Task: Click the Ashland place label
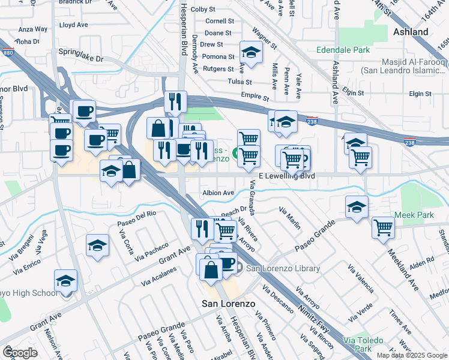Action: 411,32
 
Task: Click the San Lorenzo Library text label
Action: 283,268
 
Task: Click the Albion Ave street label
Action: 218,193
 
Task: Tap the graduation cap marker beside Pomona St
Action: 252,52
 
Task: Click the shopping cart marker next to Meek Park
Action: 383,227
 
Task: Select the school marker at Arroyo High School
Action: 66,280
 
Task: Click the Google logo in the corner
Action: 20,353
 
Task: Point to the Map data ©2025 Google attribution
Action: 411,355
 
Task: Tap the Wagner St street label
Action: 264,38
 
